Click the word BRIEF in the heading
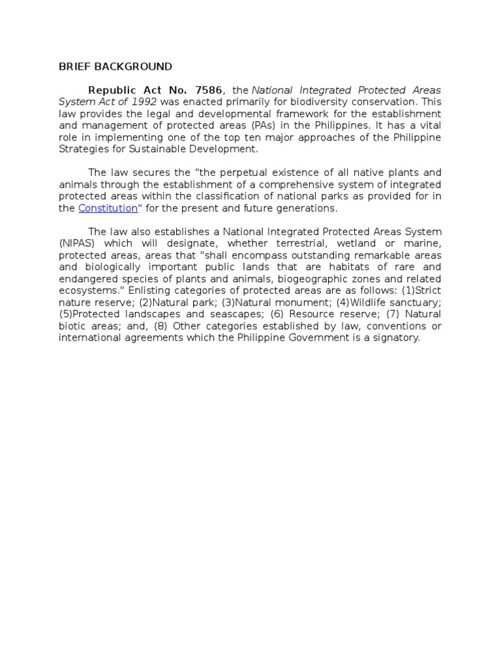(72, 66)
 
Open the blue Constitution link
(108, 208)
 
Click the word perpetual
(222, 173)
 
